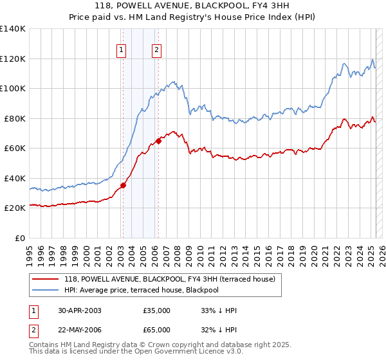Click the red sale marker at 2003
[x=123, y=186]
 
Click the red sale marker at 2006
[x=158, y=141]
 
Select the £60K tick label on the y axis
[x=15, y=148]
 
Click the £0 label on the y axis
[x=20, y=238]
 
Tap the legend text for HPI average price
[x=142, y=290]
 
